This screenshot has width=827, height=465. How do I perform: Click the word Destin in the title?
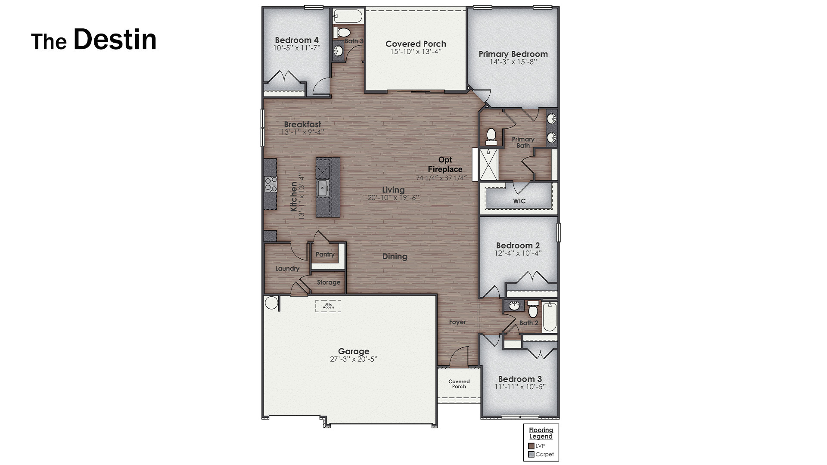pyautogui.click(x=115, y=40)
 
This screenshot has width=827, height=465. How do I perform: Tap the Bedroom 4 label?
pyautogui.click(x=297, y=40)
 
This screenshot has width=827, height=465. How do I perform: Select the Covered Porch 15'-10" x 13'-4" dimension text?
pyautogui.click(x=416, y=52)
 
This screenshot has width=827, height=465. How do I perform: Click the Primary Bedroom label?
pyautogui.click(x=513, y=54)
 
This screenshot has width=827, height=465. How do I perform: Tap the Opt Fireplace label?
pyautogui.click(x=445, y=164)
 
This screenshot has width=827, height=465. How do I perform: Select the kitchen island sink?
pyautogui.click(x=322, y=188)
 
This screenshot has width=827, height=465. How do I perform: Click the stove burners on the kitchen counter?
pyautogui.click(x=270, y=184)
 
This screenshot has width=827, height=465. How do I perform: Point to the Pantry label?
pyautogui.click(x=325, y=254)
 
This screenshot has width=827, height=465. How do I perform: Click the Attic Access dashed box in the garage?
pyautogui.click(x=328, y=306)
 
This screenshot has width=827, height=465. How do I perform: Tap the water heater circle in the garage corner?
pyautogui.click(x=271, y=303)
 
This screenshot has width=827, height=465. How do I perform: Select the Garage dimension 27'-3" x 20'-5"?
pyautogui.click(x=353, y=359)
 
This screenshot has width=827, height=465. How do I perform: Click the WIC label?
pyautogui.click(x=519, y=201)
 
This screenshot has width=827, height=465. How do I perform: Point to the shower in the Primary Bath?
pyautogui.click(x=489, y=164)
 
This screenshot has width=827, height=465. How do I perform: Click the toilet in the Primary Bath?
pyautogui.click(x=491, y=135)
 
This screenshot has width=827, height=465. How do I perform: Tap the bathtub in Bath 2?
pyautogui.click(x=550, y=317)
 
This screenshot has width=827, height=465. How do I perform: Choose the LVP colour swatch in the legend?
pyautogui.click(x=531, y=446)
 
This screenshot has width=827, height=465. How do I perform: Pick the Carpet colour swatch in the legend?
pyautogui.click(x=531, y=454)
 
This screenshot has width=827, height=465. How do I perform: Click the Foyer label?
pyautogui.click(x=457, y=322)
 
